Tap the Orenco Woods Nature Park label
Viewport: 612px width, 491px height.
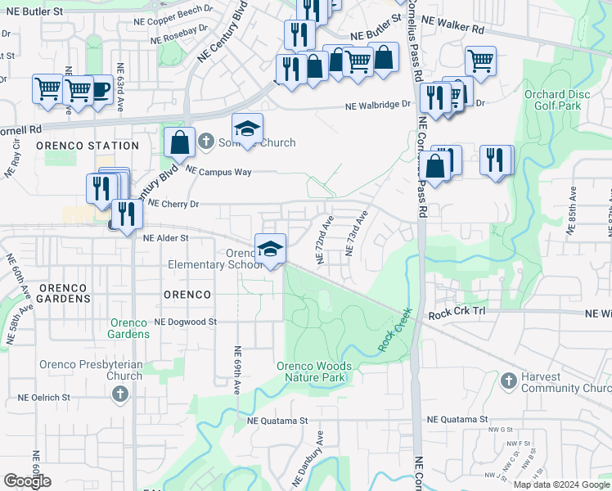314,372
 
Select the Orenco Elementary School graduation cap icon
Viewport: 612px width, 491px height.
270,248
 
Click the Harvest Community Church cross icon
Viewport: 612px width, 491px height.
509,381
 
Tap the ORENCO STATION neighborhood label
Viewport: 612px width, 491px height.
88,146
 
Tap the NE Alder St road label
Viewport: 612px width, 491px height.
166,238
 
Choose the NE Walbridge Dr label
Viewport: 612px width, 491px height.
377,106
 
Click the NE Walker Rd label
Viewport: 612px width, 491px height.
454,27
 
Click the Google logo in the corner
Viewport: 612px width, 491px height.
28,481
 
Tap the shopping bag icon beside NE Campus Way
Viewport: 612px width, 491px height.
179,142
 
